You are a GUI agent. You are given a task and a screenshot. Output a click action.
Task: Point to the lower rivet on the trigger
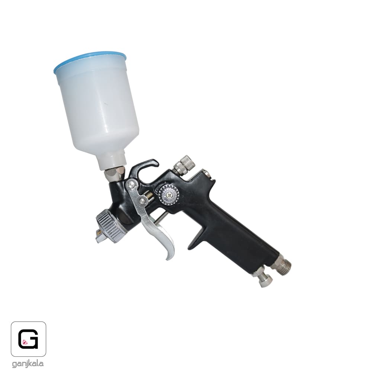142,201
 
